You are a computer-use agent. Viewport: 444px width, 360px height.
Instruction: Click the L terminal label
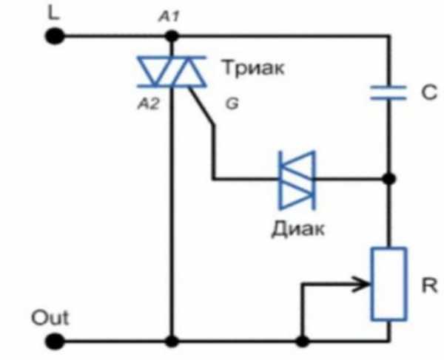pyautogui.click(x=52, y=12)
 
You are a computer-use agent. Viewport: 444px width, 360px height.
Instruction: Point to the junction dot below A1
pyautogui.click(x=172, y=35)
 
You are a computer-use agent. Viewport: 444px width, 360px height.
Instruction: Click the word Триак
pyautogui.click(x=252, y=69)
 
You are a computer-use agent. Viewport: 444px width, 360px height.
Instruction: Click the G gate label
pyautogui.click(x=231, y=104)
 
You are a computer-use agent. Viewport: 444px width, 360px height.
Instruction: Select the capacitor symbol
pyautogui.click(x=388, y=92)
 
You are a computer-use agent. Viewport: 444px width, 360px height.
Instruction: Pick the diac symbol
pyautogui.click(x=297, y=178)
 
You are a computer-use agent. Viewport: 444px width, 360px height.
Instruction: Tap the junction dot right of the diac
pyautogui.click(x=388, y=178)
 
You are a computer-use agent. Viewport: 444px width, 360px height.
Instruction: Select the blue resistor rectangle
pyautogui.click(x=388, y=284)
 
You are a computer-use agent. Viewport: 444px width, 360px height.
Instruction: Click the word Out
pyautogui.click(x=50, y=319)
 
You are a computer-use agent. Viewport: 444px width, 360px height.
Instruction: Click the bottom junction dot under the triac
pyautogui.click(x=172, y=342)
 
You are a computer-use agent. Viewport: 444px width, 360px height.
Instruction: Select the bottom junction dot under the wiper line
pyautogui.click(x=301, y=342)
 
